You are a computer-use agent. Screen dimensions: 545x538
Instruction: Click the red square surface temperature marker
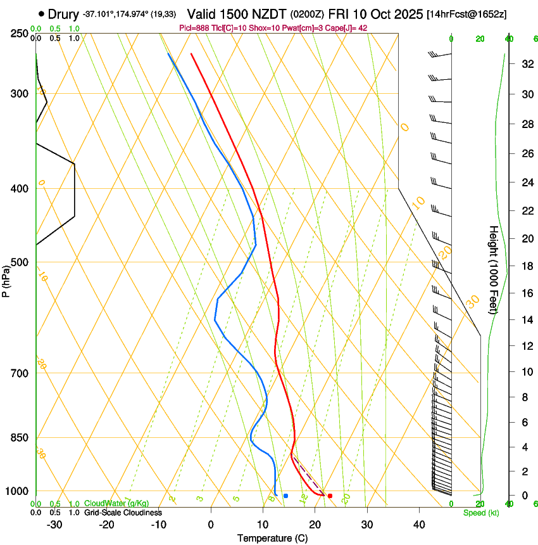(330, 496)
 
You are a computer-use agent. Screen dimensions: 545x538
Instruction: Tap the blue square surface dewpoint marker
(285, 496)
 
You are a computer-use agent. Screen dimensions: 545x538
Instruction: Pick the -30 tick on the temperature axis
(54, 525)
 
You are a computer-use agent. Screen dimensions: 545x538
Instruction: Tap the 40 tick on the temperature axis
(419, 525)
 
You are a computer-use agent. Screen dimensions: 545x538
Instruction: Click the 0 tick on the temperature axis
(211, 525)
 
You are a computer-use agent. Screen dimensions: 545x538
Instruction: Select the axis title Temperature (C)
(272, 538)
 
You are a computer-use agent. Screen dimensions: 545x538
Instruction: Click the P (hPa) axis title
(6, 279)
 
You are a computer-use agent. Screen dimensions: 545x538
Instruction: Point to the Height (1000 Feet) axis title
(494, 269)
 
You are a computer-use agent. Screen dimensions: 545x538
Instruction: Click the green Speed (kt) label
(481, 513)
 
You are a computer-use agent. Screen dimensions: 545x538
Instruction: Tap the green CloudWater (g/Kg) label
(116, 504)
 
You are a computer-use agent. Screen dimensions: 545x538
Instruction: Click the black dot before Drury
(41, 13)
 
